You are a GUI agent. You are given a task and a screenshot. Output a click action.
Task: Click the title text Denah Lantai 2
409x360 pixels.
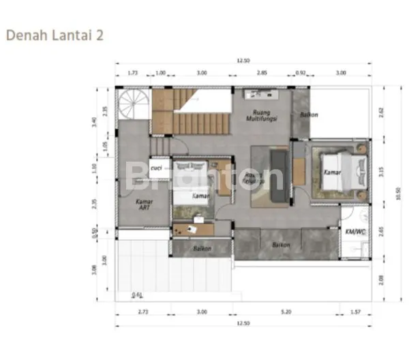pos(55,35)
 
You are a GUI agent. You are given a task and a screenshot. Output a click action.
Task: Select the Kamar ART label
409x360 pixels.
pos(144,205)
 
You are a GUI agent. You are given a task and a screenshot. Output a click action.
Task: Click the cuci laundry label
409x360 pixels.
pos(156,166)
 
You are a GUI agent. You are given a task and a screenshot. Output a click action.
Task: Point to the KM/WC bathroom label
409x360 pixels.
pos(354,232)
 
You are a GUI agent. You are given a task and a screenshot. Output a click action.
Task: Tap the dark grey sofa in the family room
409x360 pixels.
pos(278,174)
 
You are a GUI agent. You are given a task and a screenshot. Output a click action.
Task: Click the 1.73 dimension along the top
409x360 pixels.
pos(133,72)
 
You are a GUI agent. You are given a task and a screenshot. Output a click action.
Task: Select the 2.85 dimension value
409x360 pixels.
pos(262,72)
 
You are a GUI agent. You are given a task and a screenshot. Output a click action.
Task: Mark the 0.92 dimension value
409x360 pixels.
pos(301,72)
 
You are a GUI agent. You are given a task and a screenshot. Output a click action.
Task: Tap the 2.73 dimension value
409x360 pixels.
pos(142,312)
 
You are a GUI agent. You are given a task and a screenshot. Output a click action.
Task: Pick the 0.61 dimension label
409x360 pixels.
pos(138,295)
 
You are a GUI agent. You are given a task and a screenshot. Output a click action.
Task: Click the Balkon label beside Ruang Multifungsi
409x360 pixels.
pos(309,115)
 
